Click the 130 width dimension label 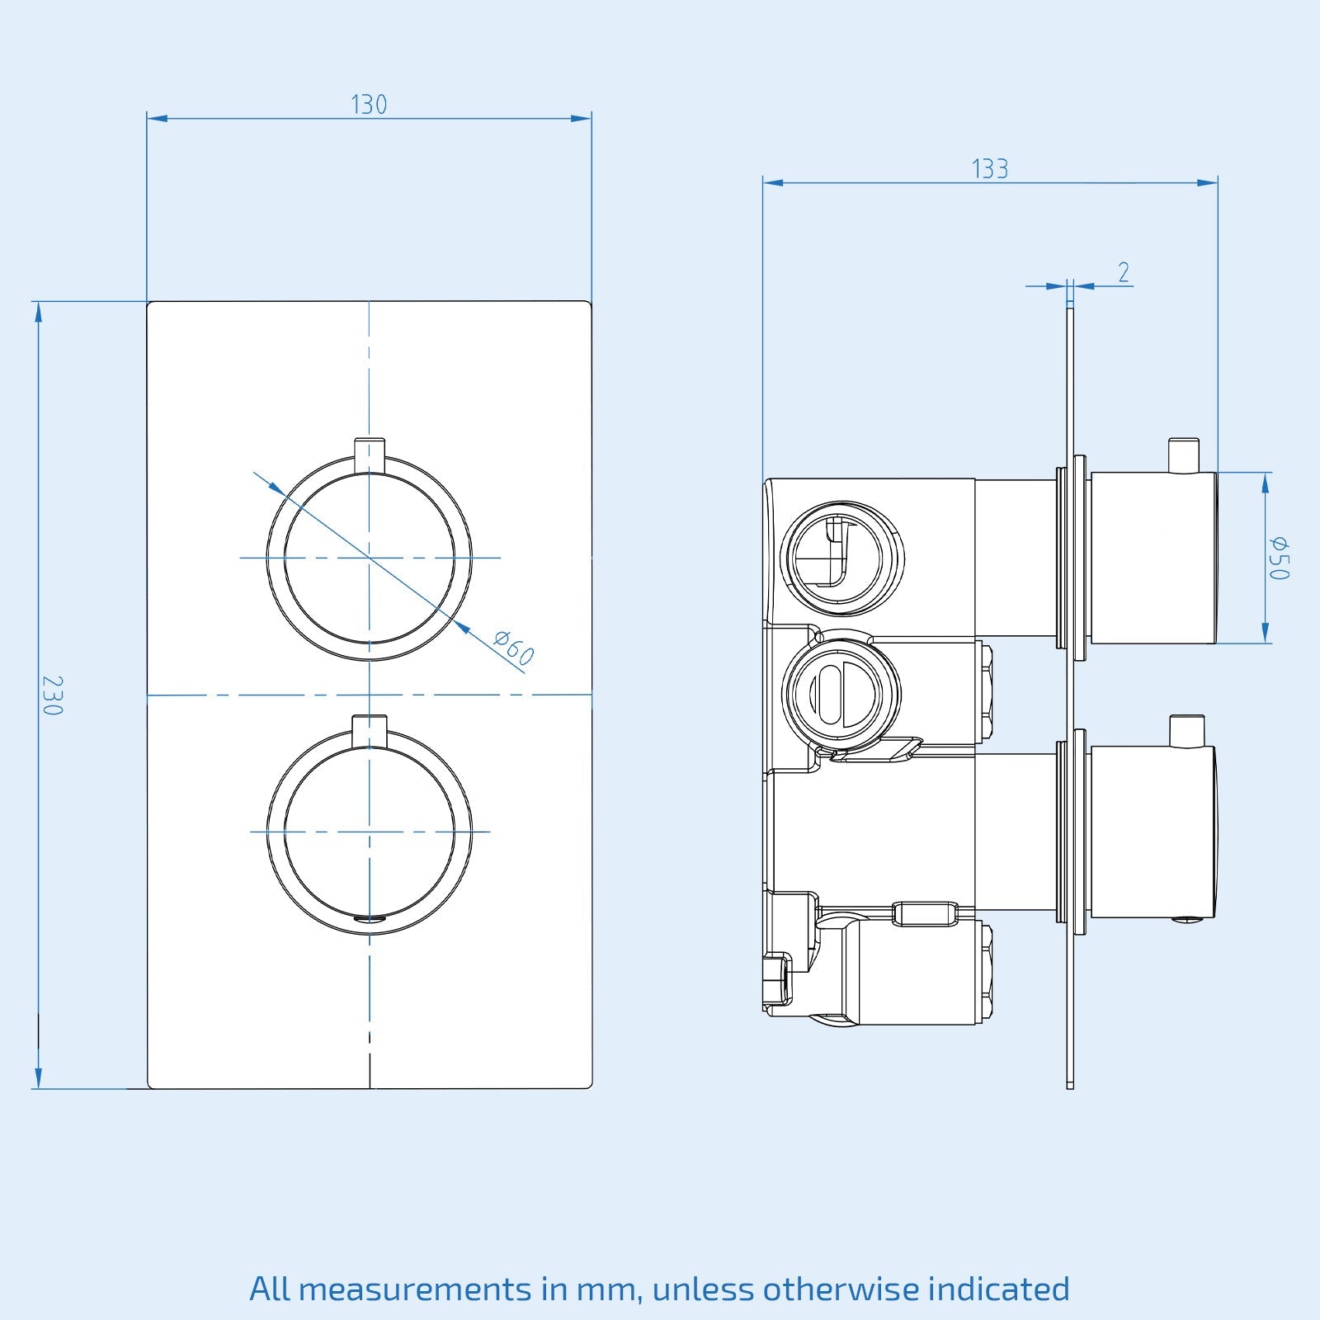[369, 105]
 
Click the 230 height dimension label [52, 695]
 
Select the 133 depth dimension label [990, 169]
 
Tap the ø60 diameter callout [514, 648]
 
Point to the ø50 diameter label [1279, 558]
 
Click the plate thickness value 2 [1124, 272]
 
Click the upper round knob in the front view [370, 558]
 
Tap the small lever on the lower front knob [369, 729]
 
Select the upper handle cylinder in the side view [1153, 558]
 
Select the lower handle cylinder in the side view [1153, 832]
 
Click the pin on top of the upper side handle [1184, 455]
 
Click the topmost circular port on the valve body [841, 558]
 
